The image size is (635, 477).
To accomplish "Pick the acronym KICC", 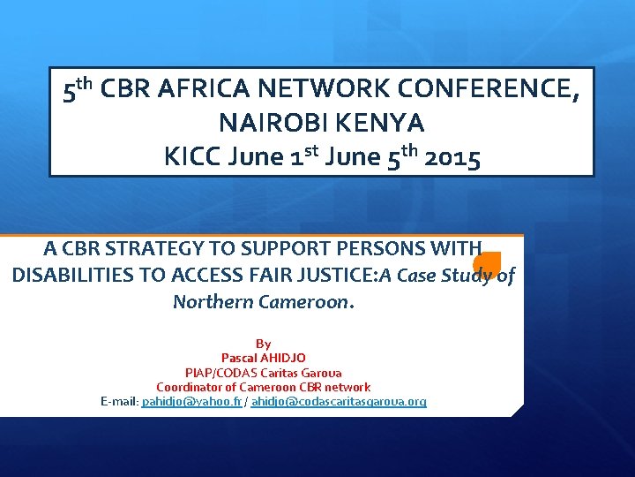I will (191, 158).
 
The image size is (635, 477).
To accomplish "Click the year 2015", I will (452, 158).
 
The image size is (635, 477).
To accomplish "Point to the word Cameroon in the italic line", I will (303, 301).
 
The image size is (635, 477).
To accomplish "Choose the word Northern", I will (213, 301).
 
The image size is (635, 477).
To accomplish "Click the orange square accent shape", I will (487, 263).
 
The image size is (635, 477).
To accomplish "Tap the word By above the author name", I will (263, 343).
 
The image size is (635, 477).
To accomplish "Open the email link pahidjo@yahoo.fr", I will (191, 401).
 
